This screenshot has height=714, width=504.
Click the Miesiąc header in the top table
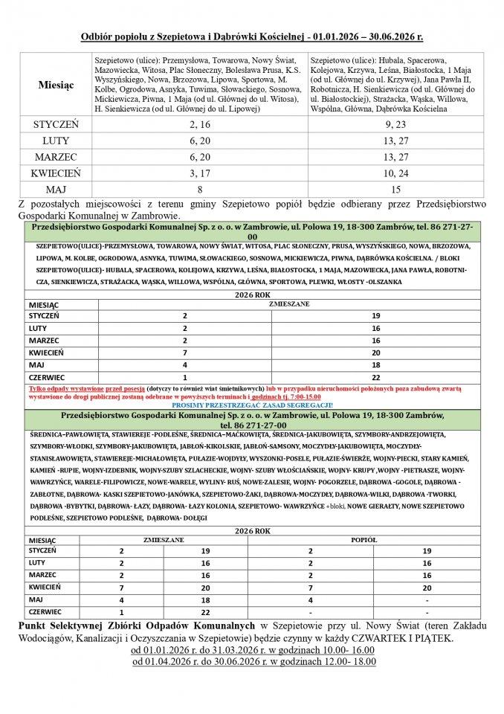click(56, 85)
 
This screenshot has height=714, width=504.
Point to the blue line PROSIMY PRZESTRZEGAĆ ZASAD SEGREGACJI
click(251, 404)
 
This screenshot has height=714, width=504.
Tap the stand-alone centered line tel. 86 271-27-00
click(251, 424)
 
